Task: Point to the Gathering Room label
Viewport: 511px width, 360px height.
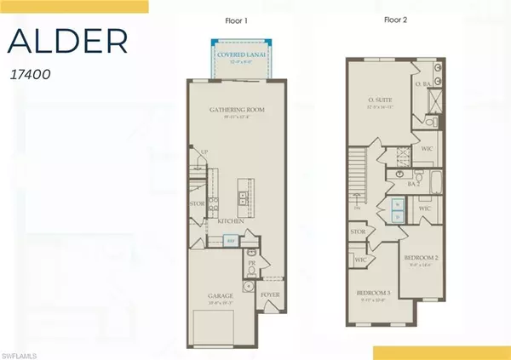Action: coord(232,111)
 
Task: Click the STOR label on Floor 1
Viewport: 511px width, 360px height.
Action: coord(197,204)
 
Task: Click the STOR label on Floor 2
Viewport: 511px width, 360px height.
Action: coord(358,230)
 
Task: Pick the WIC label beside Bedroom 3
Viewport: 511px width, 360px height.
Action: coord(359,260)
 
